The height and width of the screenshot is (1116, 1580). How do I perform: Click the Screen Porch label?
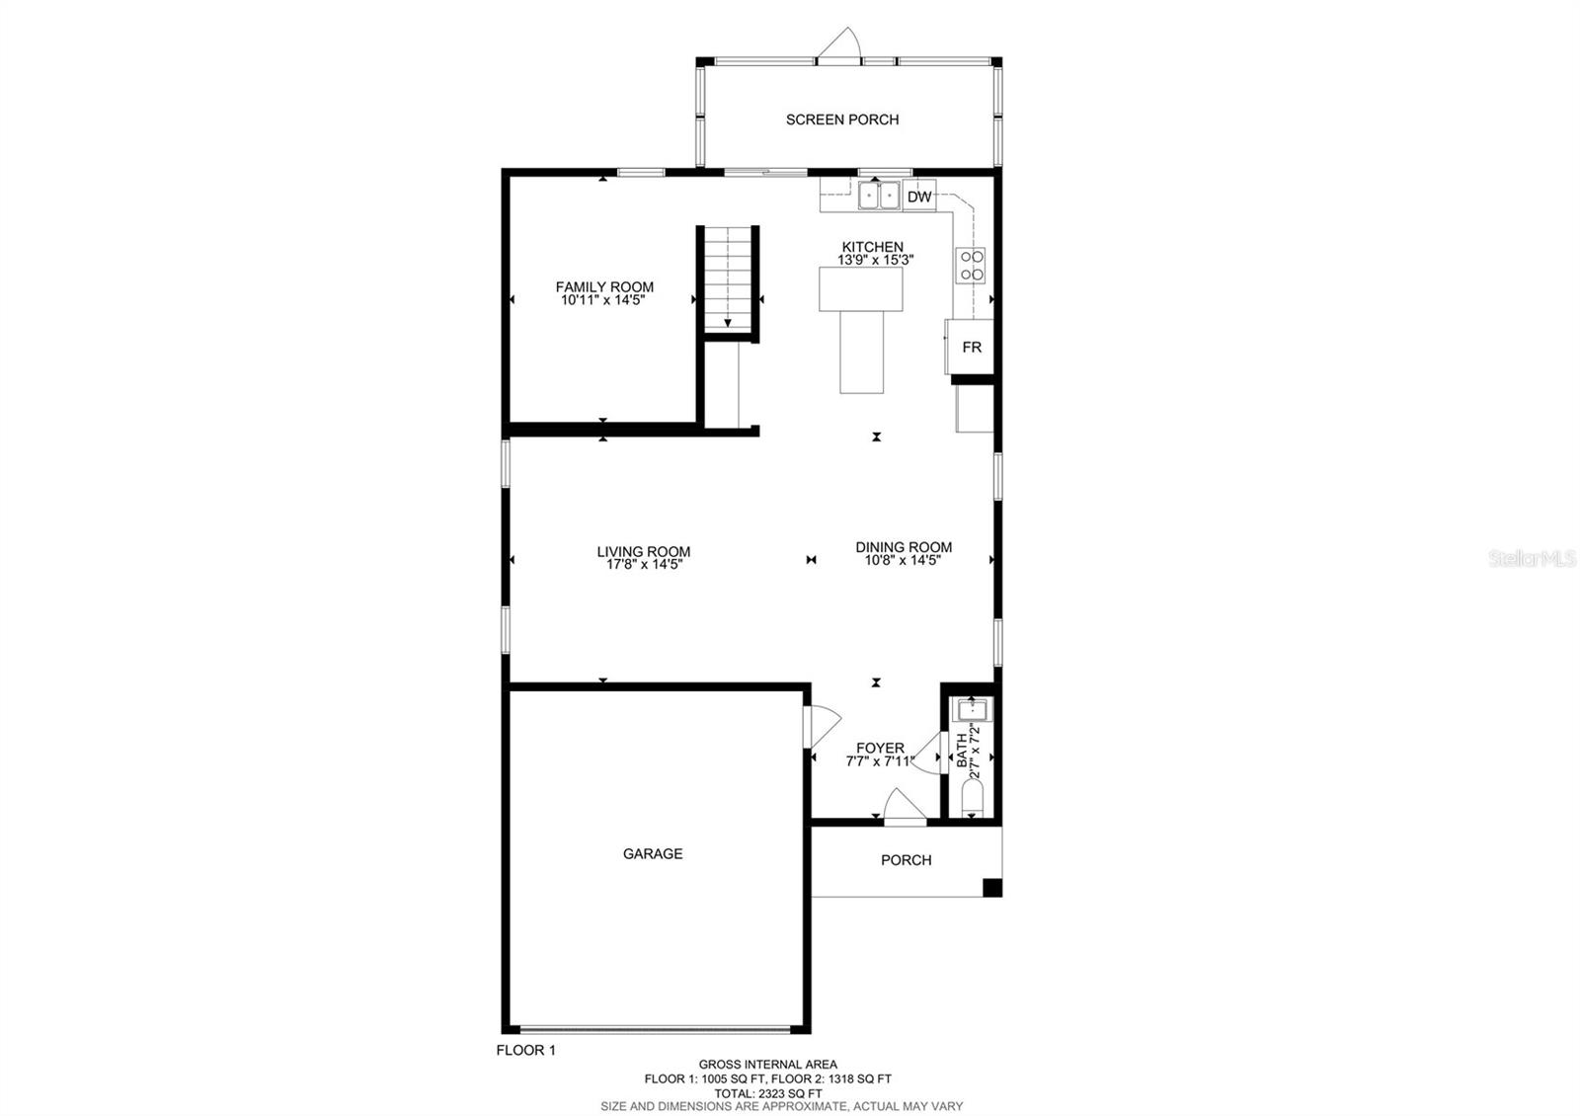[x=842, y=120]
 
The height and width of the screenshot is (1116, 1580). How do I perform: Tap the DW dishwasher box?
[x=919, y=197]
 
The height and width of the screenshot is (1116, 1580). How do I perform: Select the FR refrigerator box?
[x=971, y=348]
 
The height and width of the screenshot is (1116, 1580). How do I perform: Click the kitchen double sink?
[x=878, y=197]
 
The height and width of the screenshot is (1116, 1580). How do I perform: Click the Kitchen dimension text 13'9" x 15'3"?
[x=876, y=261]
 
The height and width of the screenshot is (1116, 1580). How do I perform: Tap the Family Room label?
[x=604, y=286]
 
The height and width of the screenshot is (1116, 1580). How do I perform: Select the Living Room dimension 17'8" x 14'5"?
[x=645, y=566]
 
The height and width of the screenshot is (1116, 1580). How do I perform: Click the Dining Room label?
[x=904, y=546]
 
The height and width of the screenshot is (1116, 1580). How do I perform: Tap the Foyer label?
[x=880, y=748]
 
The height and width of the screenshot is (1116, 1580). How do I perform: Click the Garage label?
[x=653, y=853]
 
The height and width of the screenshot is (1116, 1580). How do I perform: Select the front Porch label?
[x=906, y=860]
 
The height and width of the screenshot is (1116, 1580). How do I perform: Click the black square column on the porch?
[x=991, y=887]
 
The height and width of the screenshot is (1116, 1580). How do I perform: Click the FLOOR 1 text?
[x=525, y=1050]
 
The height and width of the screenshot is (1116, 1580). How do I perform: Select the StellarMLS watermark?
[x=1532, y=560]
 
